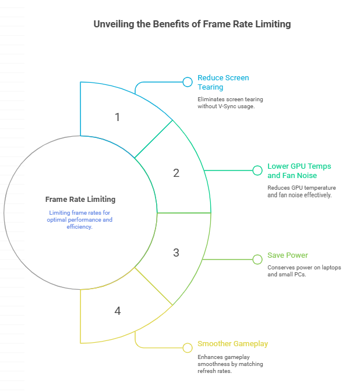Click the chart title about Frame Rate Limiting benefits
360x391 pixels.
point(192,24)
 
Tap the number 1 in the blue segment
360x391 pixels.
point(117,117)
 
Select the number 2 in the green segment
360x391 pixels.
point(177,173)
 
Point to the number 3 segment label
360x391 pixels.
point(177,253)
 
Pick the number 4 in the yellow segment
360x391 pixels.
point(118,311)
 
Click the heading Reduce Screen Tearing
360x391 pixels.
point(223,82)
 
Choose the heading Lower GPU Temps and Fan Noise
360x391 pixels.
point(299,171)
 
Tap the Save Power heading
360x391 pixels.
point(288,255)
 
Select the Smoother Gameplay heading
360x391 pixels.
point(232,344)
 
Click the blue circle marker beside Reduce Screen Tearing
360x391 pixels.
point(188,82)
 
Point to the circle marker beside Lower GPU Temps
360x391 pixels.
point(257,170)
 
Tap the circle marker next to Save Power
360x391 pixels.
point(257,260)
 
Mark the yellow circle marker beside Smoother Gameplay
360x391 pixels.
point(188,348)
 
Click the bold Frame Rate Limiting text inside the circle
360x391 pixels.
point(80,200)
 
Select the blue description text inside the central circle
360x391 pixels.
point(80,220)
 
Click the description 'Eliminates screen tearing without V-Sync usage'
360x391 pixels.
point(230,103)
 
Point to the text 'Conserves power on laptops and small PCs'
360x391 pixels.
point(304,271)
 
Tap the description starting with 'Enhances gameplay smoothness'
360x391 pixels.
point(230,364)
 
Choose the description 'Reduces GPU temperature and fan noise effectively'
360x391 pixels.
point(302,191)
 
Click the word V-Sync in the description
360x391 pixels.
point(227,106)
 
